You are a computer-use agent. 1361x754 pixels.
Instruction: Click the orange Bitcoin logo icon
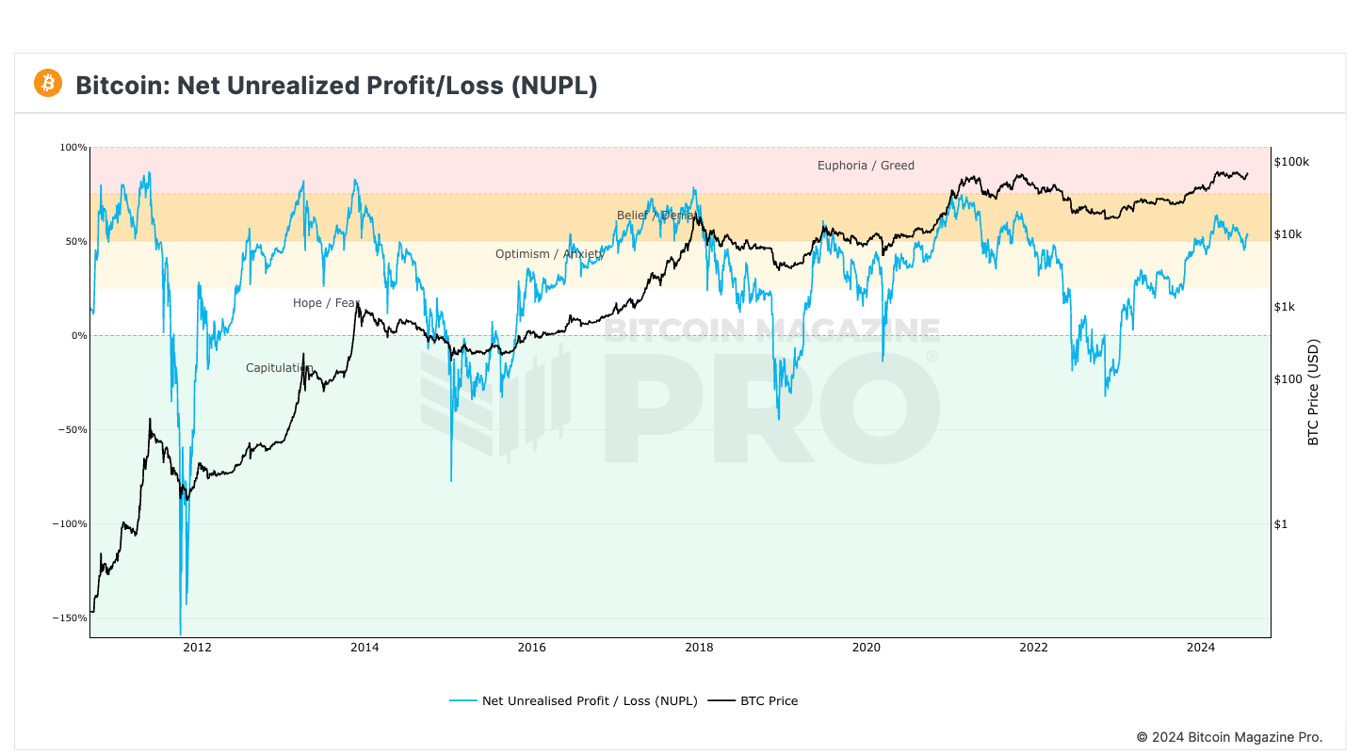(47, 83)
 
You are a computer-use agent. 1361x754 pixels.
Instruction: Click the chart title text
(336, 86)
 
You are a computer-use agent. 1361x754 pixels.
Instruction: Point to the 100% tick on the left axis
(74, 148)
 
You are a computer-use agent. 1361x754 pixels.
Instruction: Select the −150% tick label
(71, 618)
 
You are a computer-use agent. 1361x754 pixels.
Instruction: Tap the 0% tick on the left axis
(78, 336)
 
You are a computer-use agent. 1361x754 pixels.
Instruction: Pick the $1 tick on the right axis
(1281, 524)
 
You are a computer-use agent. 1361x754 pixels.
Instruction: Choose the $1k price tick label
(1285, 307)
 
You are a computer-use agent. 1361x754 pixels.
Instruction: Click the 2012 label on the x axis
(197, 647)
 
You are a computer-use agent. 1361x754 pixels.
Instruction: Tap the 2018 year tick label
(699, 647)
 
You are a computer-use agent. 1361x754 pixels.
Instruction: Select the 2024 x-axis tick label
(1200, 647)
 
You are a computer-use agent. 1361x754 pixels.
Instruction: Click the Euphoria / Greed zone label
(866, 166)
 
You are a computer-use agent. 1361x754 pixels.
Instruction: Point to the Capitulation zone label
(279, 368)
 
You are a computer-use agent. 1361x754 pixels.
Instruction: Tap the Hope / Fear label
(326, 303)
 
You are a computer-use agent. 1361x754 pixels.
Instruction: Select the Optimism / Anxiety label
(549, 254)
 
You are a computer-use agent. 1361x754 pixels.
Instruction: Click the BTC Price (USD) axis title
(1315, 393)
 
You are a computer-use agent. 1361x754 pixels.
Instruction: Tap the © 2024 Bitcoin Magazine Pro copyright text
(1229, 737)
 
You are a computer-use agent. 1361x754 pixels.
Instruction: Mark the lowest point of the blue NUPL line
(180, 634)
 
